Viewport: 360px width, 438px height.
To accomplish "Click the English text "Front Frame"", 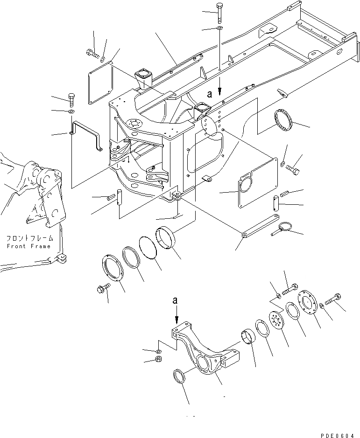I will tap(28, 246).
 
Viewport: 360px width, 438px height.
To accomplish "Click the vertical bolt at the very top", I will tap(219, 12).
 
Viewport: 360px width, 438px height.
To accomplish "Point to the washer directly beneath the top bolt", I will tap(219, 29).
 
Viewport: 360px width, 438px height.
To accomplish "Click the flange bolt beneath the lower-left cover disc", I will tap(101, 289).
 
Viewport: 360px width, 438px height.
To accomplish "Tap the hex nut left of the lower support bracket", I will tap(158, 360).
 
